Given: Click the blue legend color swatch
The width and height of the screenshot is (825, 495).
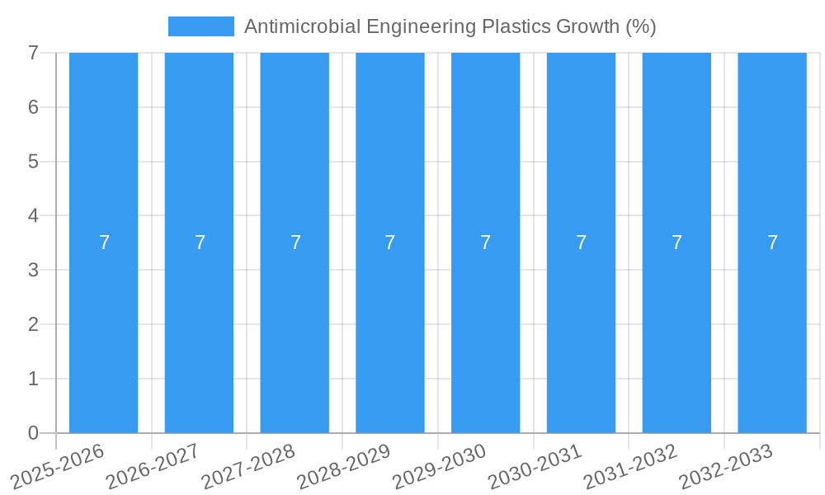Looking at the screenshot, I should [200, 26].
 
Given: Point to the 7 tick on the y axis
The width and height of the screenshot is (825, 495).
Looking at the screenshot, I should [33, 53].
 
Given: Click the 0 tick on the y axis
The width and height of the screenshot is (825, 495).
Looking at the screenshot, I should [33, 433].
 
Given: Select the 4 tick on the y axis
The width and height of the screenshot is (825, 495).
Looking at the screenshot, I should [33, 216].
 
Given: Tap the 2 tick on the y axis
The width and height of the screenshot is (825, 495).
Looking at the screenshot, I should [33, 324].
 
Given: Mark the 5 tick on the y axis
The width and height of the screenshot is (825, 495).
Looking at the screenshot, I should [33, 162].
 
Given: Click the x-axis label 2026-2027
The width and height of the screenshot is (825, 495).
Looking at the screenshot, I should [153, 466].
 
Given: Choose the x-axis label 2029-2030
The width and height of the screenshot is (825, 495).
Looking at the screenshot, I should [440, 466].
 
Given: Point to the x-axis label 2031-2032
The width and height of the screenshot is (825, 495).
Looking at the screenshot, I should [631, 466].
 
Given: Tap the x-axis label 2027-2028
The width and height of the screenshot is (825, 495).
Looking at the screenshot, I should [249, 466].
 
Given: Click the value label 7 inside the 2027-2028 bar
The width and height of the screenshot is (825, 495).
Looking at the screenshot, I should [295, 243].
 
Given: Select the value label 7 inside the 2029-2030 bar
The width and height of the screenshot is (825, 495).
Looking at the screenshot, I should [486, 243].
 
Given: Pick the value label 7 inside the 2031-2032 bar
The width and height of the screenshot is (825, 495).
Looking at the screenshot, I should [676, 243].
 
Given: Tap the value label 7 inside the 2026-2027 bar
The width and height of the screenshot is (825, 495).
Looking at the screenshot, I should [200, 243].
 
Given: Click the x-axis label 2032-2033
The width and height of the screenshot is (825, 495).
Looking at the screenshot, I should [727, 466].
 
